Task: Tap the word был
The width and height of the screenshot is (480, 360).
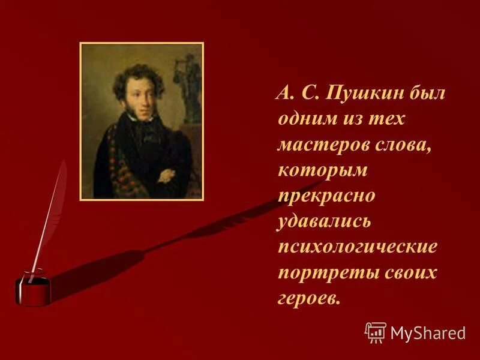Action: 428,94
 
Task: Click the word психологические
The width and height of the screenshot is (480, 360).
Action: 358,247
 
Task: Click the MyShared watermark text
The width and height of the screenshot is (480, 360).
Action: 427,332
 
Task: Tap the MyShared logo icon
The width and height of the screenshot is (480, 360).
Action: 375,332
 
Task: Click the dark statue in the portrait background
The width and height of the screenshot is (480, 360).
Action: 191,84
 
